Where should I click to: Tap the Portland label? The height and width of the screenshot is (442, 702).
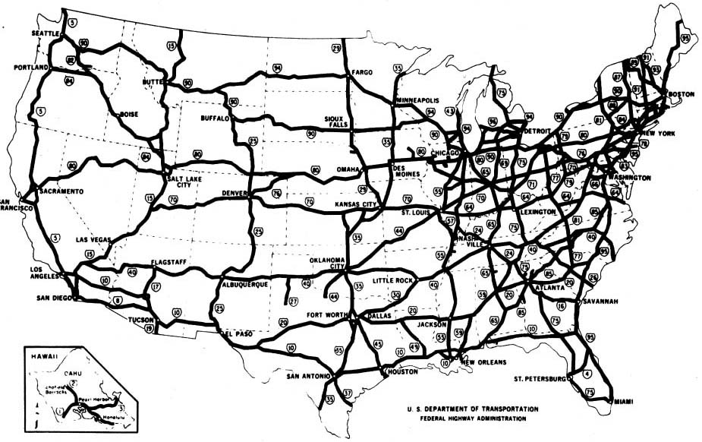(31, 67)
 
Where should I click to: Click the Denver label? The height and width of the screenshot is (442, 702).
(235, 194)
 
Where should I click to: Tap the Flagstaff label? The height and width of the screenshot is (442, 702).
(168, 262)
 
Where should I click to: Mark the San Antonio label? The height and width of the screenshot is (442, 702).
(307, 376)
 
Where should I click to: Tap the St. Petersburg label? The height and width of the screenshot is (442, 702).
(540, 377)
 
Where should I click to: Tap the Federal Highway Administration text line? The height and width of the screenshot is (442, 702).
(472, 418)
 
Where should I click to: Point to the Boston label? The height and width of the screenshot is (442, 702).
(680, 93)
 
